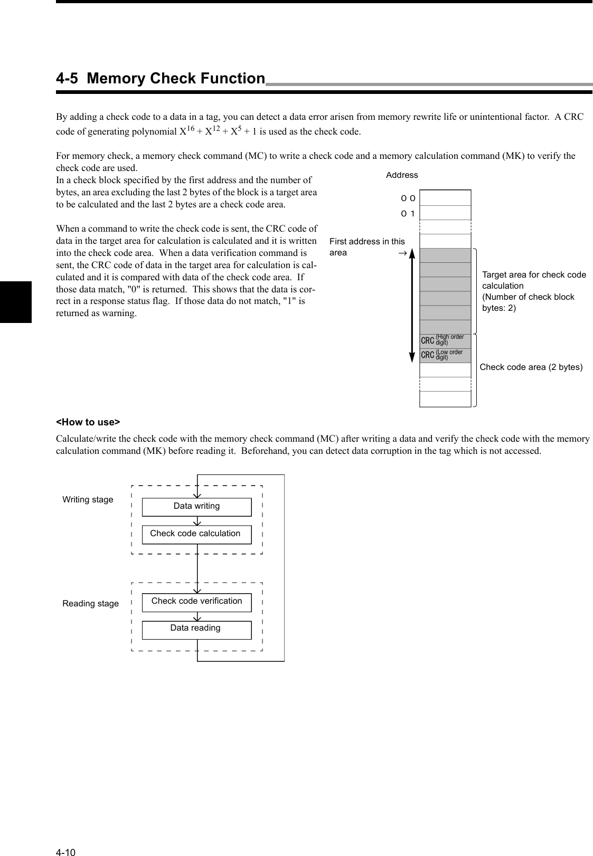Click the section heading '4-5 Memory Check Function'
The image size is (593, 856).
tap(161, 79)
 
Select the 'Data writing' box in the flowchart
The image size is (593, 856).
tap(196, 507)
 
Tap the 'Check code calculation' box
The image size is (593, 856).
tap(196, 534)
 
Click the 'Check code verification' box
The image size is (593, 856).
tap(196, 602)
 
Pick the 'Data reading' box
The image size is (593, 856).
tap(196, 629)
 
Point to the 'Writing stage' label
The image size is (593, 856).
tap(88, 499)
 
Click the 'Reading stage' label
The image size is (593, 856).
tap(90, 603)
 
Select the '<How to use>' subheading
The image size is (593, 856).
tap(88, 422)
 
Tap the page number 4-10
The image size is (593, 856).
tap(66, 838)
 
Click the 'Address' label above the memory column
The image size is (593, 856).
tap(402, 175)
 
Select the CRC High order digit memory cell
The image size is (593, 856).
tap(445, 341)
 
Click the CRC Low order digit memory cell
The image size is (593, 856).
tap(445, 355)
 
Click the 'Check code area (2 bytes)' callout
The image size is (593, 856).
tap(531, 367)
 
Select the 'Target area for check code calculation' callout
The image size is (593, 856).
tap(534, 291)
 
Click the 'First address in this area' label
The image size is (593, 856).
tap(366, 246)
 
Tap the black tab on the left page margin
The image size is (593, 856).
tap(16, 302)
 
